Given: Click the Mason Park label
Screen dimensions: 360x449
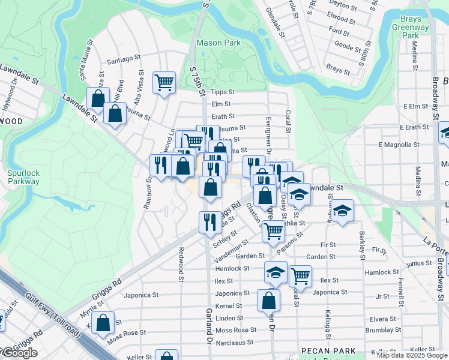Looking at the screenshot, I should coord(218,43).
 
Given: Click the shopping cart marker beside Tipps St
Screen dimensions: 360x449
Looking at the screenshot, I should coord(164,82).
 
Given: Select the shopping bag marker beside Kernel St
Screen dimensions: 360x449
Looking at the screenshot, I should coord(268,301).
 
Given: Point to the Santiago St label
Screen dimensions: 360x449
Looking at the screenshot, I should coord(123,61).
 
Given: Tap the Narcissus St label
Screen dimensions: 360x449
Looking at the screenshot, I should coord(234,343).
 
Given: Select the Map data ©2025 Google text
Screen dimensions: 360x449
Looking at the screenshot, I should coord(411,355).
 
